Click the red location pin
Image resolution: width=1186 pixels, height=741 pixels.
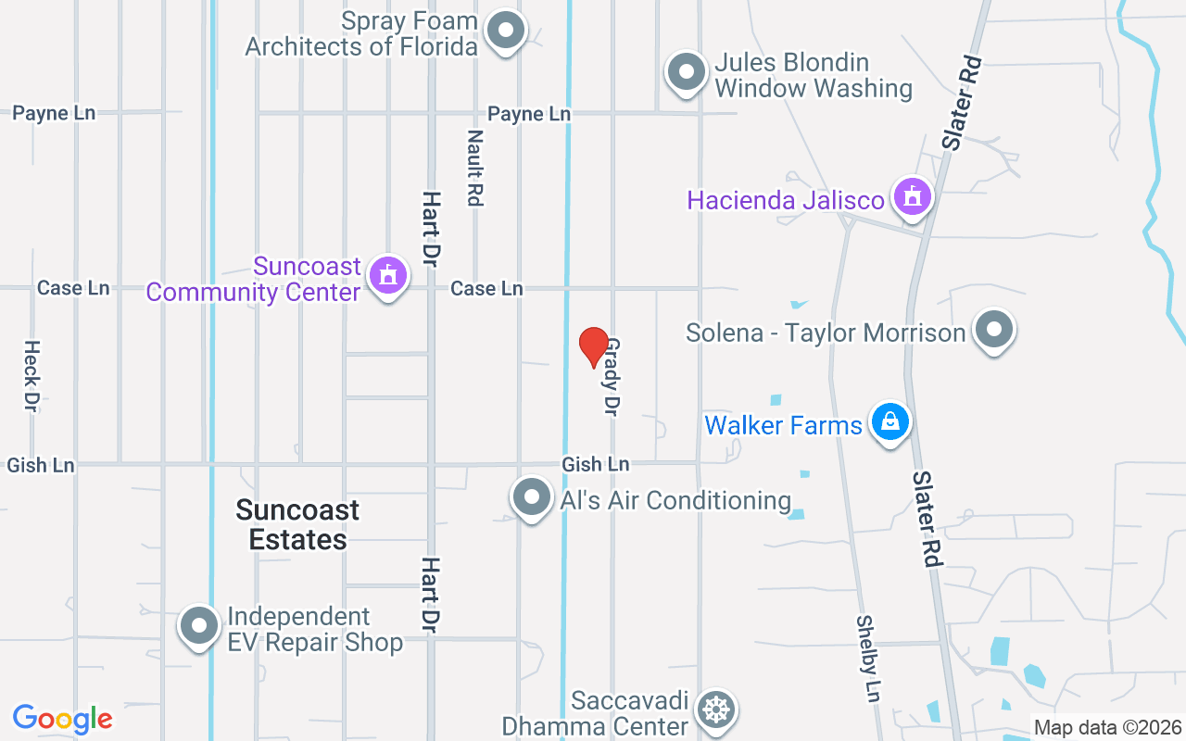tap(593, 347)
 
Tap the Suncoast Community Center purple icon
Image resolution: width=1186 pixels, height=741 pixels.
tap(387, 275)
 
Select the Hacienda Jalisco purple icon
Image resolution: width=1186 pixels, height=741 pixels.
tap(913, 196)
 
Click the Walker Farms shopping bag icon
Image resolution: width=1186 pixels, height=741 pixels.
tap(890, 422)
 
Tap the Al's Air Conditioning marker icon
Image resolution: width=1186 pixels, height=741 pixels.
tap(532, 497)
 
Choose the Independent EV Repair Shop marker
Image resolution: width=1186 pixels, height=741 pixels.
tap(199, 626)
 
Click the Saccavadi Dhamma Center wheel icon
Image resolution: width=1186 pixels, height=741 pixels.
tap(716, 710)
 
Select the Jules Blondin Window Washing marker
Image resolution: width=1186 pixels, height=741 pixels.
tap(687, 71)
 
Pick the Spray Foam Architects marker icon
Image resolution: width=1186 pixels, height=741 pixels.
tap(506, 31)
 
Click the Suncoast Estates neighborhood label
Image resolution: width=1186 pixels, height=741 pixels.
tap(297, 524)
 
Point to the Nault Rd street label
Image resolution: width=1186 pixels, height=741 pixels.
tap(475, 167)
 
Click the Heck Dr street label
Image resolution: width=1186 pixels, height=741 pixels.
tap(32, 375)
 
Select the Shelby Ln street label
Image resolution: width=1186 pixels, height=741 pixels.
tap(866, 659)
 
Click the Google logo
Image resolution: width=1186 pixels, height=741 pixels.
tap(62, 719)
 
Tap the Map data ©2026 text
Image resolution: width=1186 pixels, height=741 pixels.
tap(1107, 727)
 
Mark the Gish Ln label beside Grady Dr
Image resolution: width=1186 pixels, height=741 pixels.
tap(595, 464)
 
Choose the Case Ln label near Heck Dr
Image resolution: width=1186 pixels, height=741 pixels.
tap(73, 288)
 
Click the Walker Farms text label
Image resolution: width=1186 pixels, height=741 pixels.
tap(783, 425)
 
